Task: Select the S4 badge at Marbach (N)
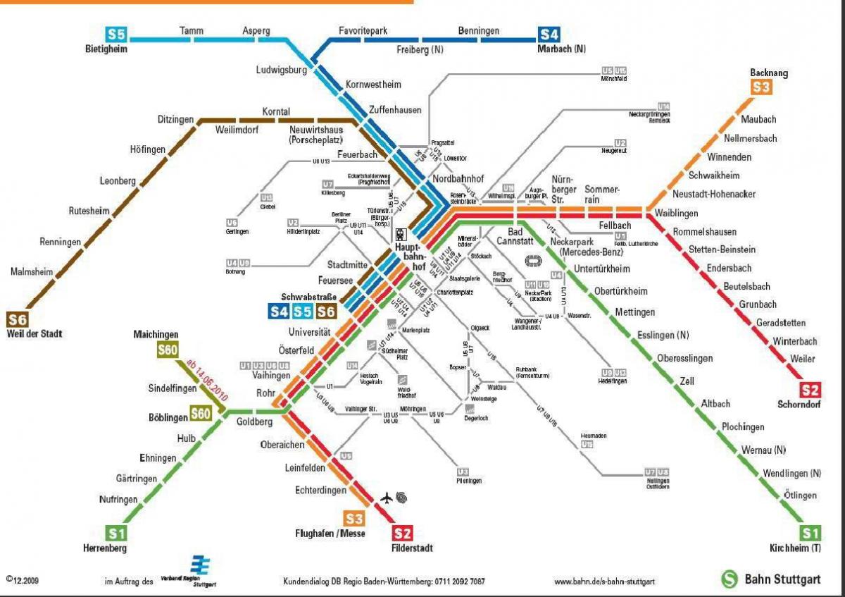click(x=549, y=34)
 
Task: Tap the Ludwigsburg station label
click(x=282, y=70)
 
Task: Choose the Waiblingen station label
click(x=676, y=213)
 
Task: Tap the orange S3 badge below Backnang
click(x=761, y=87)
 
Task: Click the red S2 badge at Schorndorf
click(x=810, y=390)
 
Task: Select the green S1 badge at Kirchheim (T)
click(x=810, y=533)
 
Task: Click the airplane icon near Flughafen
click(x=386, y=498)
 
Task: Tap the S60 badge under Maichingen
click(x=168, y=350)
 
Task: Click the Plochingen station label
click(x=742, y=427)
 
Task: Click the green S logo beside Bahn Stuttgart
click(x=729, y=579)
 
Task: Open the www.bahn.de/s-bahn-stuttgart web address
click(x=604, y=581)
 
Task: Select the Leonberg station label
click(x=118, y=181)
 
